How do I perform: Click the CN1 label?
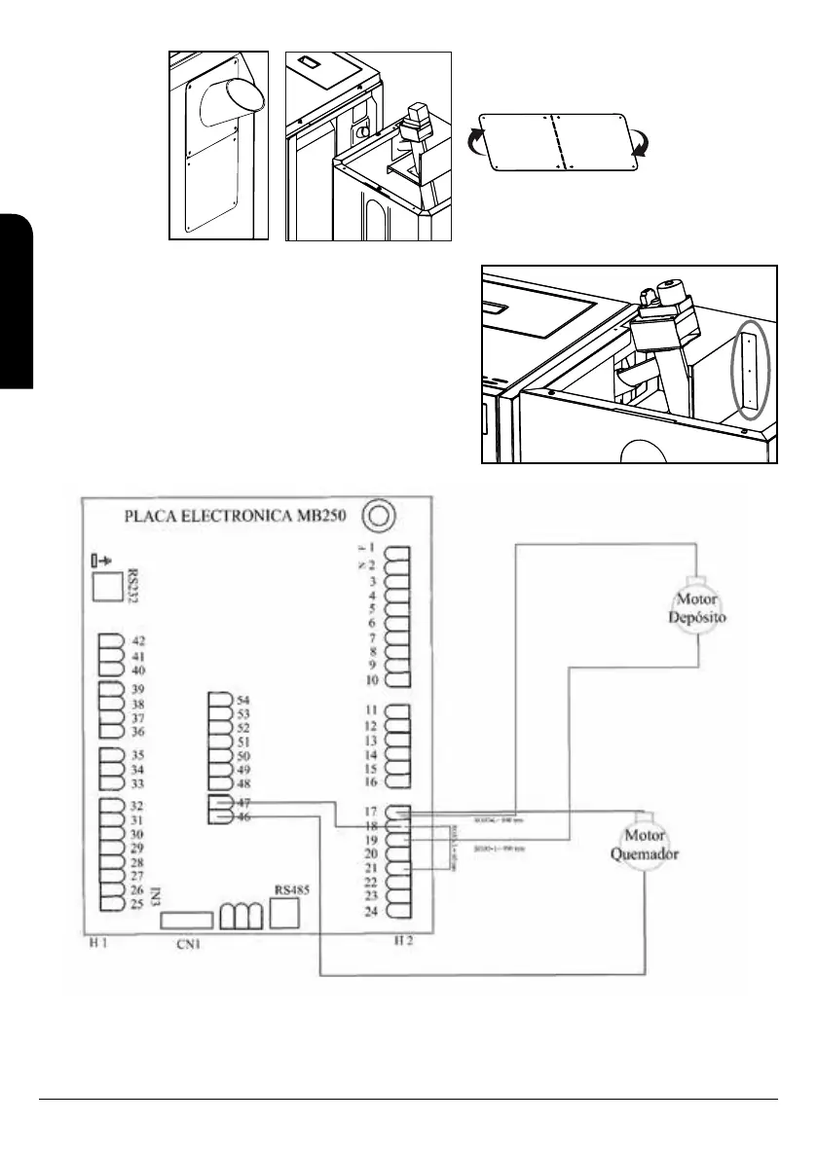tap(189, 943)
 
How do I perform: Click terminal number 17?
tap(370, 811)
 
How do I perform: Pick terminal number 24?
tap(370, 911)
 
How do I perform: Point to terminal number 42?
tap(138, 641)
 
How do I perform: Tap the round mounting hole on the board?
tap(376, 515)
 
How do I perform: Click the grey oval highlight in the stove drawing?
tap(748, 370)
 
